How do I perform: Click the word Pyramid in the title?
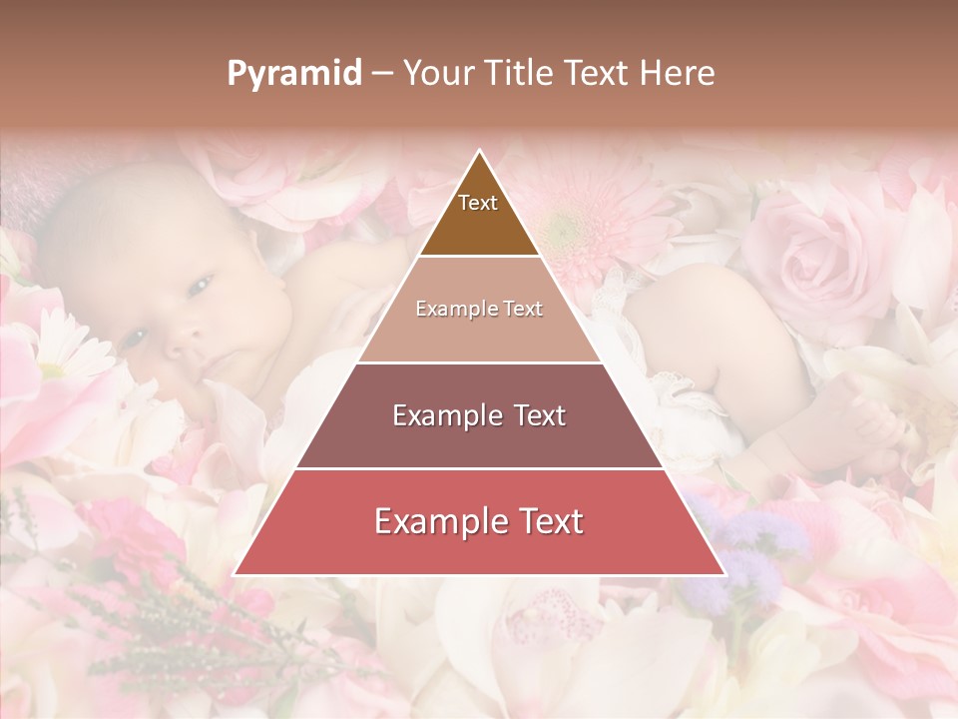coord(294,74)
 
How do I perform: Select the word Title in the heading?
coord(519,73)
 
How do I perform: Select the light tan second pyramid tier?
coord(479,310)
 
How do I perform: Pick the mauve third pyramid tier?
coord(479,415)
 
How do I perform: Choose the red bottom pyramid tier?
coord(479,522)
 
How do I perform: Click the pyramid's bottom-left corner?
coord(235,574)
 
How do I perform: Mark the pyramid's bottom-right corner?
coord(724,574)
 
